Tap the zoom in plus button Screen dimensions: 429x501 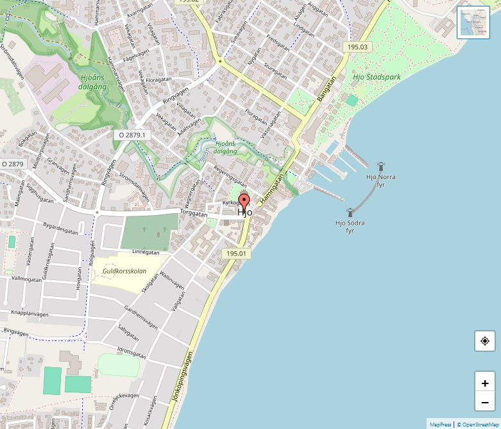(485, 383)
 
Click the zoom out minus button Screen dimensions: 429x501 (485, 403)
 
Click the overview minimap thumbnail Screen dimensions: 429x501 (473, 22)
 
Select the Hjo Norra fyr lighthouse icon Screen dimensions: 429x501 (380, 166)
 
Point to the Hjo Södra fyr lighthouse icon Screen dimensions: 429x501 (350, 212)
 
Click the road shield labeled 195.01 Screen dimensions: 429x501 (236, 254)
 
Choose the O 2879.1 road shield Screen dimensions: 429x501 (132, 136)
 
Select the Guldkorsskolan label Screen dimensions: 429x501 (124, 271)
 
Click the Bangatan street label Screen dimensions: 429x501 (327, 89)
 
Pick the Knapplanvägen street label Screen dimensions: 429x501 (30, 313)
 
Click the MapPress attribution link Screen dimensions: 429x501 (440, 425)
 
